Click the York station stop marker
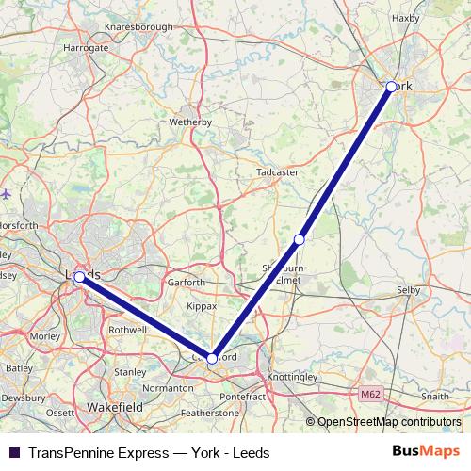(390, 87)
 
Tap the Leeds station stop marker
(79, 277)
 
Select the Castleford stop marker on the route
(212, 359)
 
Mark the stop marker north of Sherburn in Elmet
(300, 239)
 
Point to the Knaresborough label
(139, 27)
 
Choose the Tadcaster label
(277, 173)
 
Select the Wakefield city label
(112, 406)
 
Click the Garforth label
(186, 283)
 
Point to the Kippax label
(202, 306)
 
